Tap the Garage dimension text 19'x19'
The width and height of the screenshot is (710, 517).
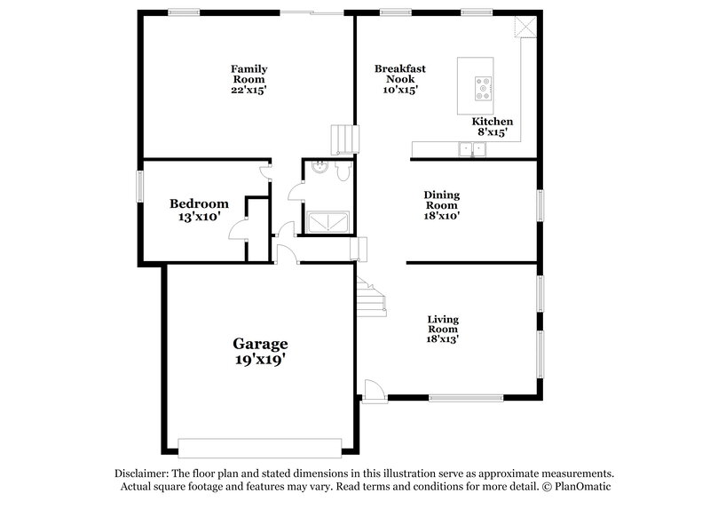[x=260, y=361]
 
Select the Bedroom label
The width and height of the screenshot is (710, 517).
[x=199, y=203]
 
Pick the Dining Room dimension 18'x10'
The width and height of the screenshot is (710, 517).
[x=441, y=214]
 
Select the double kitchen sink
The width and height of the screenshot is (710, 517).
[x=472, y=149]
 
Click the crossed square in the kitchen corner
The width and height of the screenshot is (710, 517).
[x=525, y=28]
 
